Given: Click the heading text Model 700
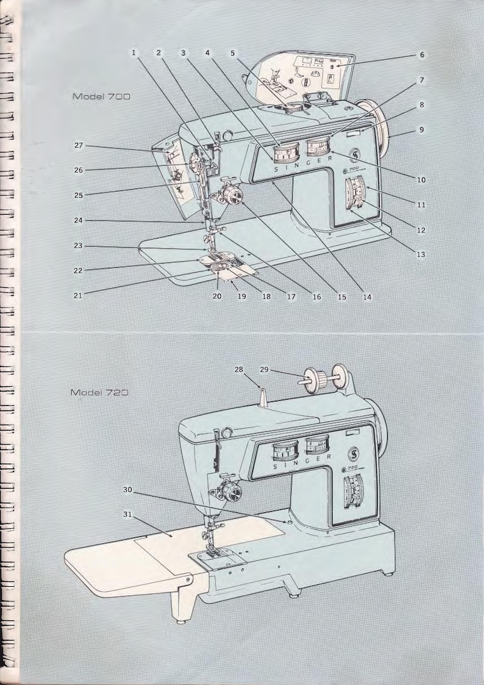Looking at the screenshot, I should tap(101, 96).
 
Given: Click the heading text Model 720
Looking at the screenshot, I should tap(99, 392).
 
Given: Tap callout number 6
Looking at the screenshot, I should tap(421, 55).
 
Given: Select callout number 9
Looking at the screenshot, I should tap(421, 130).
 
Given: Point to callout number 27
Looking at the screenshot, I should tap(79, 146).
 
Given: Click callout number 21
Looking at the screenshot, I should tap(79, 295).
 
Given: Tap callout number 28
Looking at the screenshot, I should tap(238, 370).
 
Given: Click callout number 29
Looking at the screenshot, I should tap(264, 370).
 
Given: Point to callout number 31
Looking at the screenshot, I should tap(127, 514).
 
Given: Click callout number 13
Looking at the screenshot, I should tap(421, 254).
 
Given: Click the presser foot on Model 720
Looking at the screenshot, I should tap(210, 548).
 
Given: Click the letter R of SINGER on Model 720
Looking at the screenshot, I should tap(330, 456).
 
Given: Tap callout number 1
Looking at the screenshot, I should tap(133, 53).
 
